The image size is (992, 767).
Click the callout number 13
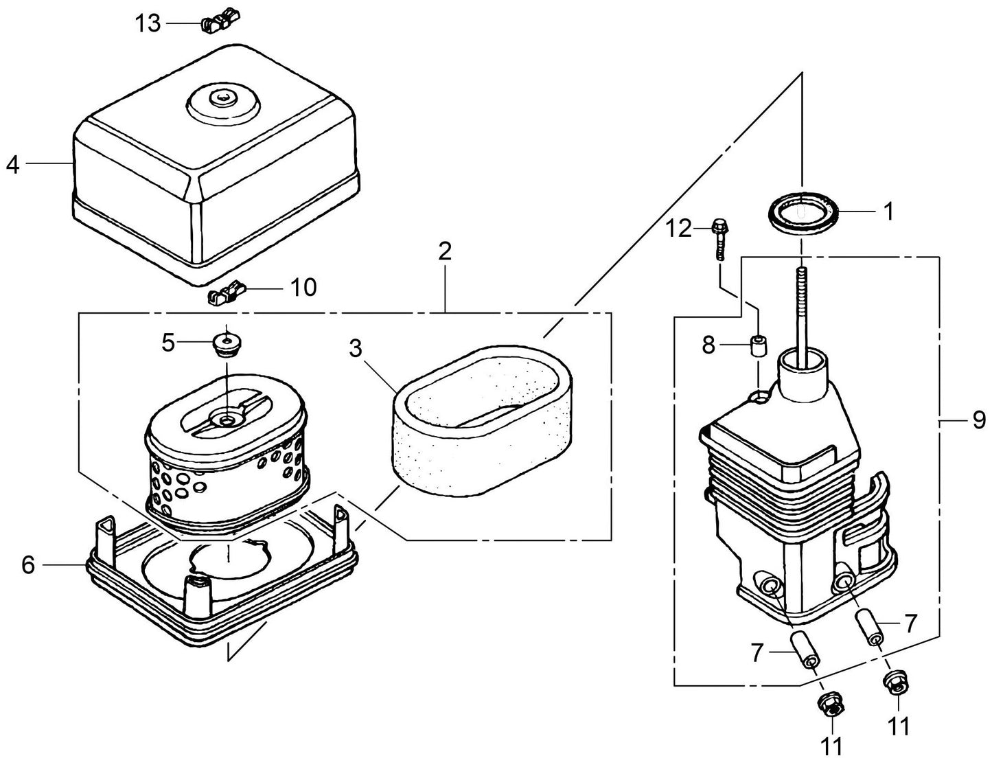147,23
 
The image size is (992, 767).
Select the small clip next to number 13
218,23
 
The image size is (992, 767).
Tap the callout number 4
13,165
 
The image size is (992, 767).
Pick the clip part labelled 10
225,295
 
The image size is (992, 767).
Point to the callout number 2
445,251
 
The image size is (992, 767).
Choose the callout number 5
168,342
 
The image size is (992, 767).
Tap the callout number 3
355,348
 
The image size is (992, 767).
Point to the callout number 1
888,212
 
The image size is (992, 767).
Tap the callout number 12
680,228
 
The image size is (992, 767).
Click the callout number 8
709,345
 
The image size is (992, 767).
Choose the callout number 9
979,420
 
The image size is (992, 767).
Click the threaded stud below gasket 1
801,302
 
